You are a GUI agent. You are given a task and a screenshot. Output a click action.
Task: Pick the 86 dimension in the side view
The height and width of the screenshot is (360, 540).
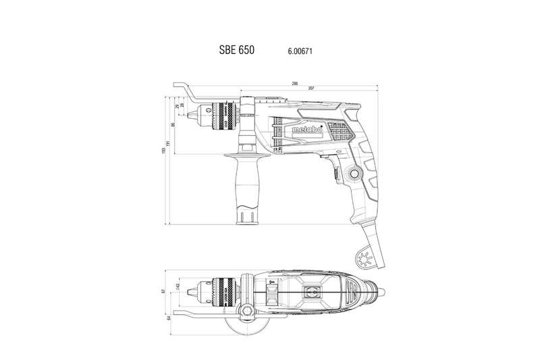pyautogui.click(x=173, y=124)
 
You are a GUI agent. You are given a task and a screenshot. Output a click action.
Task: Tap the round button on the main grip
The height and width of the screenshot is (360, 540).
pyautogui.click(x=353, y=175)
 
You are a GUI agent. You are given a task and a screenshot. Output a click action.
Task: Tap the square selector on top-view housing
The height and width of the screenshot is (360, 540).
pyautogui.click(x=313, y=292)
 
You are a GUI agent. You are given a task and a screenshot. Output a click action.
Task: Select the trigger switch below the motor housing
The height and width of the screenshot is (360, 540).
pyautogui.click(x=334, y=173)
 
